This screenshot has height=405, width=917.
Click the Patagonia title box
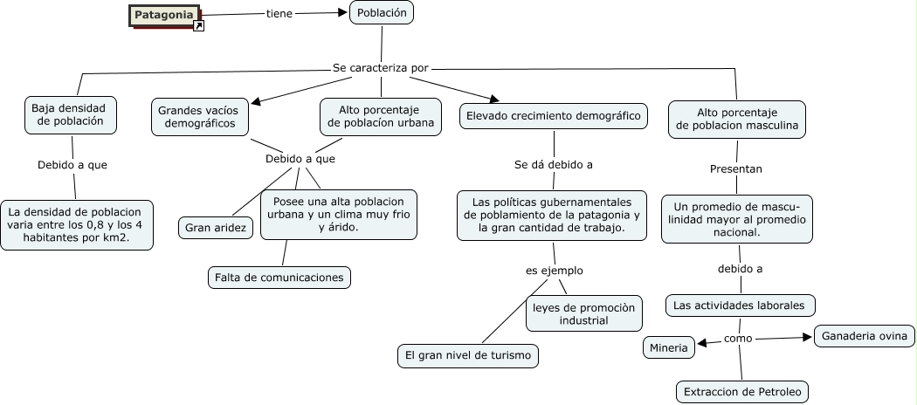coord(164,15)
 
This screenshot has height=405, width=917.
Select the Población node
coord(382,13)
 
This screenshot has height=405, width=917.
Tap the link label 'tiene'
coord(279,14)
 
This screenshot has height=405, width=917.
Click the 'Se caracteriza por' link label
coord(381,67)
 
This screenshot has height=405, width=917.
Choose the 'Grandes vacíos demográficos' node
coord(199,117)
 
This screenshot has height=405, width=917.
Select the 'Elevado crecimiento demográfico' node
coord(554,116)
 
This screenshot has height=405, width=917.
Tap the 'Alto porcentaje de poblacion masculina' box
coord(736,119)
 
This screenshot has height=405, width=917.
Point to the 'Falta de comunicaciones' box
coord(279,278)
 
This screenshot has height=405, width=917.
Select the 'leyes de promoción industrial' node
coord(583,314)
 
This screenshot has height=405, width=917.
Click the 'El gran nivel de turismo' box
coord(467,355)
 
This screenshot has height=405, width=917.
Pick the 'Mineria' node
coord(669,347)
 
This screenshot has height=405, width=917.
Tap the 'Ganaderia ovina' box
coord(865,336)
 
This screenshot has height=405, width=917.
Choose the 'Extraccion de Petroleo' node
coord(742,391)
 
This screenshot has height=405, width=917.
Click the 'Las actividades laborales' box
coord(741,305)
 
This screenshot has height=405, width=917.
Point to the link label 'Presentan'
coord(736,168)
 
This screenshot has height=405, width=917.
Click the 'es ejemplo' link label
coord(554,271)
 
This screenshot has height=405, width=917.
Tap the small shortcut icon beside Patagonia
coord(198,26)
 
